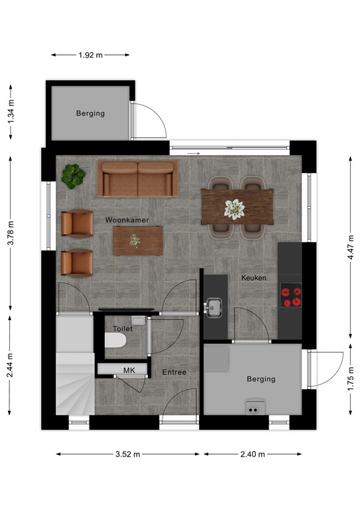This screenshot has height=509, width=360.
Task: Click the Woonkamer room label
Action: pyautogui.click(x=127, y=219)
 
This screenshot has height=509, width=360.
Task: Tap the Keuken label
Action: pyautogui.click(x=253, y=278)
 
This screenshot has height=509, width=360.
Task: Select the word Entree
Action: pyautogui.click(x=174, y=372)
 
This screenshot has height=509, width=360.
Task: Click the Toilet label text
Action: pyautogui.click(x=123, y=329)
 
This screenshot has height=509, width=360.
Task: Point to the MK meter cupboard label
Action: pyautogui.click(x=129, y=370)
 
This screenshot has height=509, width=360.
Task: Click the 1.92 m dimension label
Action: pyautogui.click(x=90, y=55)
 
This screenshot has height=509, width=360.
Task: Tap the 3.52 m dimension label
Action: pyautogui.click(x=128, y=455)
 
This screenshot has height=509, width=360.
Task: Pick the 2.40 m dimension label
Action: pyautogui.click(x=253, y=455)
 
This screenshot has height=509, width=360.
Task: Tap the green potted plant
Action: pyautogui.click(x=74, y=175)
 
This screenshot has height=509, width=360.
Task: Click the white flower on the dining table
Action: pyautogui.click(x=234, y=209)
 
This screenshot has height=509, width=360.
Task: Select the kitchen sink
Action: pyautogui.click(x=213, y=307)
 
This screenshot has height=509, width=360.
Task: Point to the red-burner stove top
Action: pyautogui.click(x=291, y=296)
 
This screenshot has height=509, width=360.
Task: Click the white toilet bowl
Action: pyautogui.click(x=116, y=341)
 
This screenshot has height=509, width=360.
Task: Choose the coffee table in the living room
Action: pyautogui.click(x=137, y=240)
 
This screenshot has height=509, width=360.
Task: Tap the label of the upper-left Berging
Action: pyautogui.click(x=90, y=113)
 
